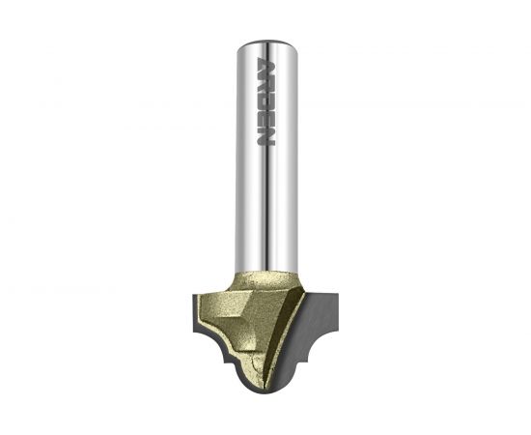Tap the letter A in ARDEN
(x=266, y=64)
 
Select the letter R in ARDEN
(x=266, y=82)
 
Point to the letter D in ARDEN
(x=266, y=101)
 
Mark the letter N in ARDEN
(x=266, y=137)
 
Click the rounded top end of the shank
(x=267, y=44)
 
